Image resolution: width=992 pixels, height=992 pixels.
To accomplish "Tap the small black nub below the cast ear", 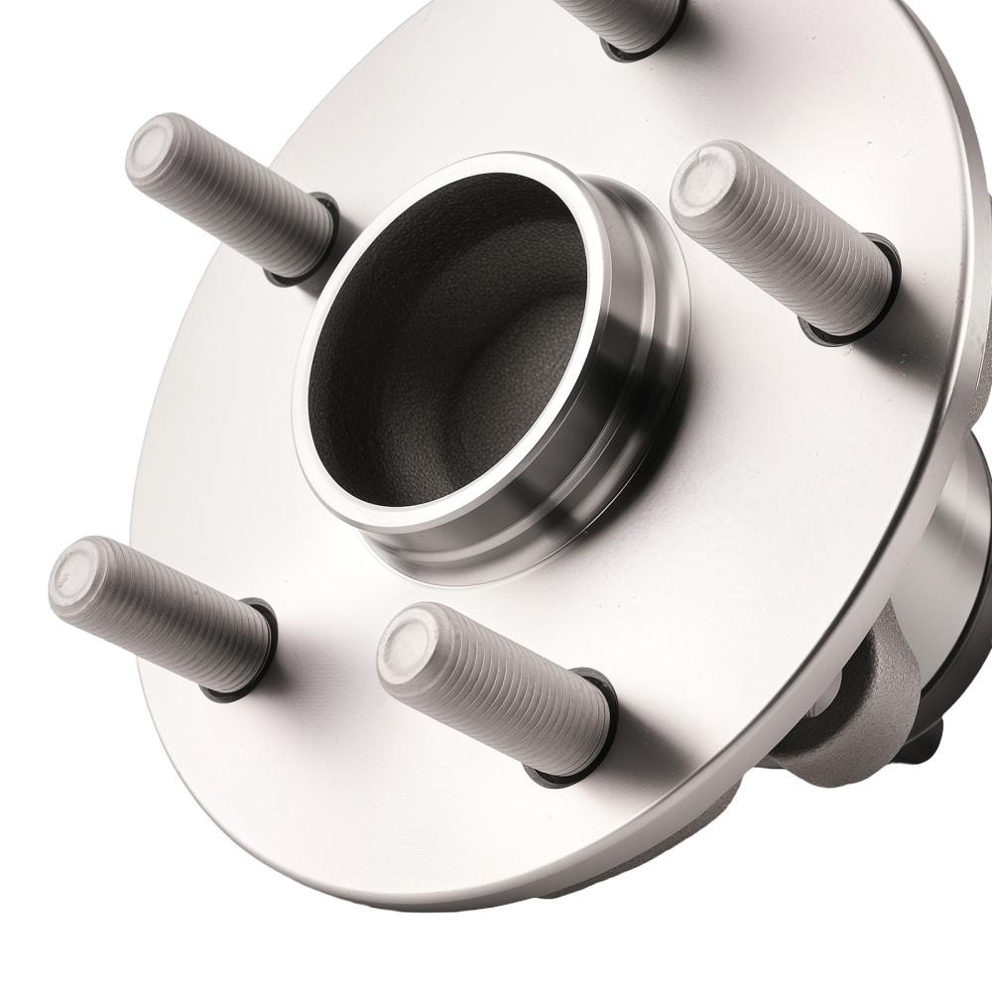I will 937,739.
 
